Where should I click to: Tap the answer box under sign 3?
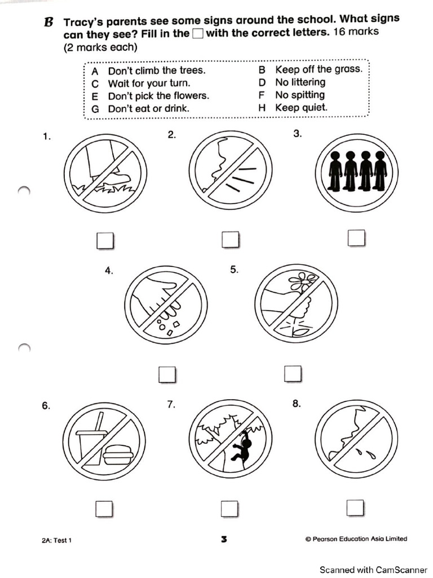356,238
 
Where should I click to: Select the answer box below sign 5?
292,373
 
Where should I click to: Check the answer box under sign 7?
229,509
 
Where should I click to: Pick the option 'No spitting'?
299,95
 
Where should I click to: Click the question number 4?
109,270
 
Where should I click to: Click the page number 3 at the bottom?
224,540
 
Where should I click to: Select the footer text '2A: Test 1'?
56,540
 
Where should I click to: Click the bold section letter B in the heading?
49,23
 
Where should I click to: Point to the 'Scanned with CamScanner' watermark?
373,570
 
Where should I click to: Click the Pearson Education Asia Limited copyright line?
356,539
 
